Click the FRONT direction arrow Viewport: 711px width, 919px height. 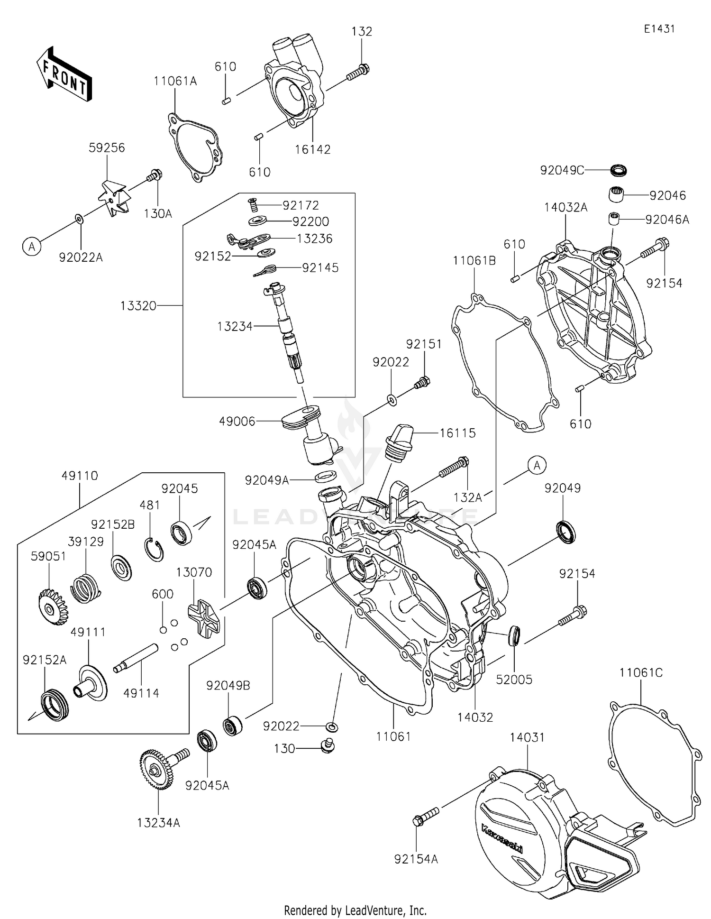click(64, 74)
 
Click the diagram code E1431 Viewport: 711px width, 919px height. click(659, 29)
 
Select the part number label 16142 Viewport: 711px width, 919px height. click(312, 149)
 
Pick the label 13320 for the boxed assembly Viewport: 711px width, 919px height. click(138, 306)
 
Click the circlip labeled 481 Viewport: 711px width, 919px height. click(154, 550)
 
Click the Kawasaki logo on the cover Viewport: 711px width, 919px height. click(501, 839)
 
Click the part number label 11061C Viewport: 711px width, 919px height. click(641, 672)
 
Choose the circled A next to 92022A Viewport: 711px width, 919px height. click(32, 247)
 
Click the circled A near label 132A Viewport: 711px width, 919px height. click(537, 466)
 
